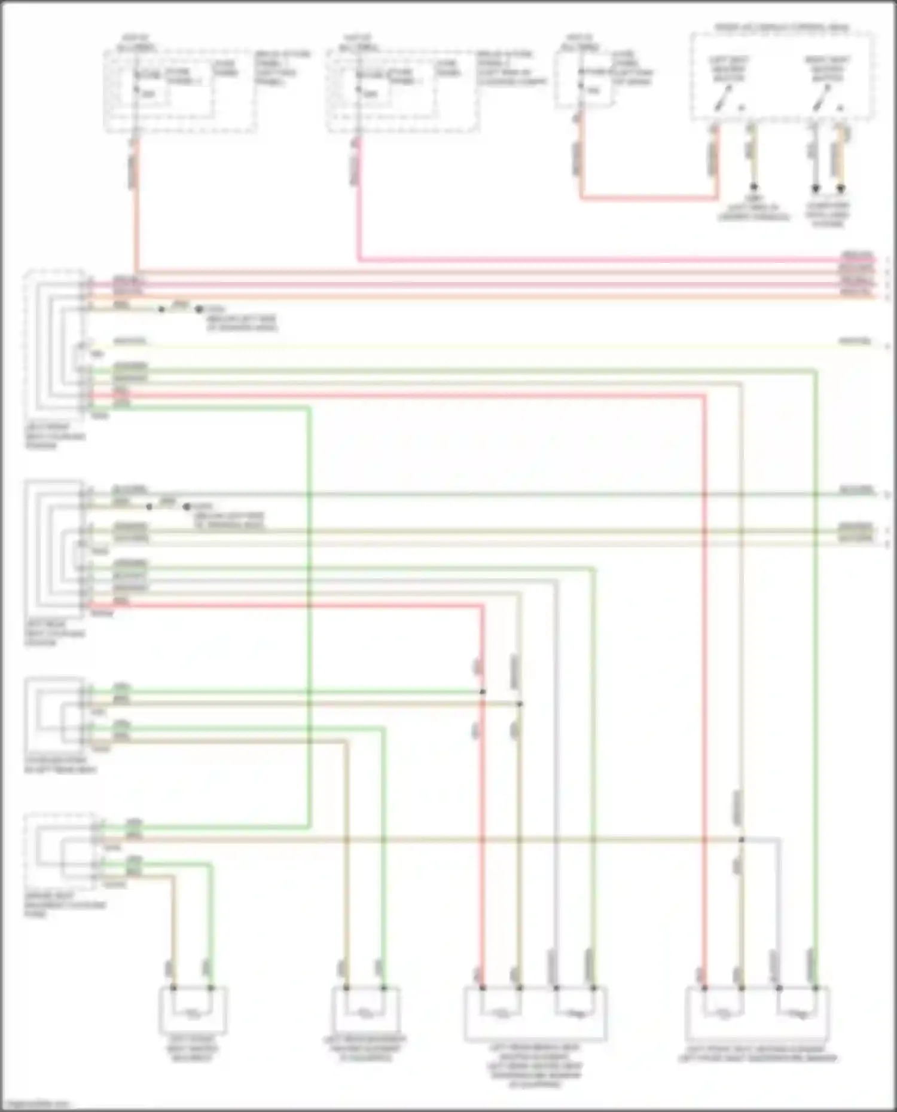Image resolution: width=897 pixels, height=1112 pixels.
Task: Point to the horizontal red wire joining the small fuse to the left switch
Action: pos(649,197)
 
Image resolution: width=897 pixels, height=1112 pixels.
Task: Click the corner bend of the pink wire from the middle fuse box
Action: pos(359,259)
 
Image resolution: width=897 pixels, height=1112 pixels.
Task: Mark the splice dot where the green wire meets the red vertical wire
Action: pos(483,692)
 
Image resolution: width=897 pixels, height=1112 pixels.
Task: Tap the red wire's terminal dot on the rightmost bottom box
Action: pos(704,988)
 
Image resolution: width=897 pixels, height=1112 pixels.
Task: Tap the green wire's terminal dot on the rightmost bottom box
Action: pos(815,988)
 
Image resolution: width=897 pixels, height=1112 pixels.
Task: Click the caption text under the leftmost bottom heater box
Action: pos(193,1049)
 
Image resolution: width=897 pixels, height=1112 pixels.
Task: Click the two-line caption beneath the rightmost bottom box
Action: pos(758,1053)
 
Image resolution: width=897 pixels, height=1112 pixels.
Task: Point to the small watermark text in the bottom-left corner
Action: pos(36,1104)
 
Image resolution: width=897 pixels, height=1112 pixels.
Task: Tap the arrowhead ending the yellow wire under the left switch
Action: pos(754,188)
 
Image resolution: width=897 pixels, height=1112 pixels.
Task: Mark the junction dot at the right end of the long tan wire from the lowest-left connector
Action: pos(741,840)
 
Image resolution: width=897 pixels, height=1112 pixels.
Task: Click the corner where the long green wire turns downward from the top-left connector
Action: pos(310,409)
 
